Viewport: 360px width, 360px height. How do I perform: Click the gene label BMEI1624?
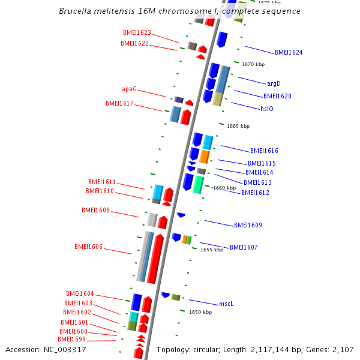pyautogui.click(x=289, y=53)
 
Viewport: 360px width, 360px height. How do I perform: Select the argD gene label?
pyautogui.click(x=274, y=84)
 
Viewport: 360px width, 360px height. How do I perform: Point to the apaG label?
pyautogui.click(x=129, y=89)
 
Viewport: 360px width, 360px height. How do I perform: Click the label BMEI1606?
pyautogui.click(x=88, y=247)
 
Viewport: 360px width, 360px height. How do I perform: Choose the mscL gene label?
pyautogui.click(x=226, y=304)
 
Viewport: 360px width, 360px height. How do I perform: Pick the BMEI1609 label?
pyautogui.click(x=248, y=226)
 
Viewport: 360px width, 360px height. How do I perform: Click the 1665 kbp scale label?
pyautogui.click(x=238, y=127)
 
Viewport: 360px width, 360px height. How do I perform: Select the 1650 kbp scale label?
pyautogui.click(x=200, y=313)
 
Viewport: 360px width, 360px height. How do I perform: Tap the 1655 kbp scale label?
pyautogui.click(x=212, y=250)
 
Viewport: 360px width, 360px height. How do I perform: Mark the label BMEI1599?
pyautogui.click(x=72, y=340)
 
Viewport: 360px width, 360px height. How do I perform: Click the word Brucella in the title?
pyautogui.click(x=76, y=11)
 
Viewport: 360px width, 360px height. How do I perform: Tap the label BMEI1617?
pyautogui.click(x=119, y=104)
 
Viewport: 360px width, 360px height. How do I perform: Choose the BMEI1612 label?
pyautogui.click(x=255, y=193)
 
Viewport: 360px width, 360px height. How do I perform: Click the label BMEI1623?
pyautogui.click(x=137, y=33)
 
